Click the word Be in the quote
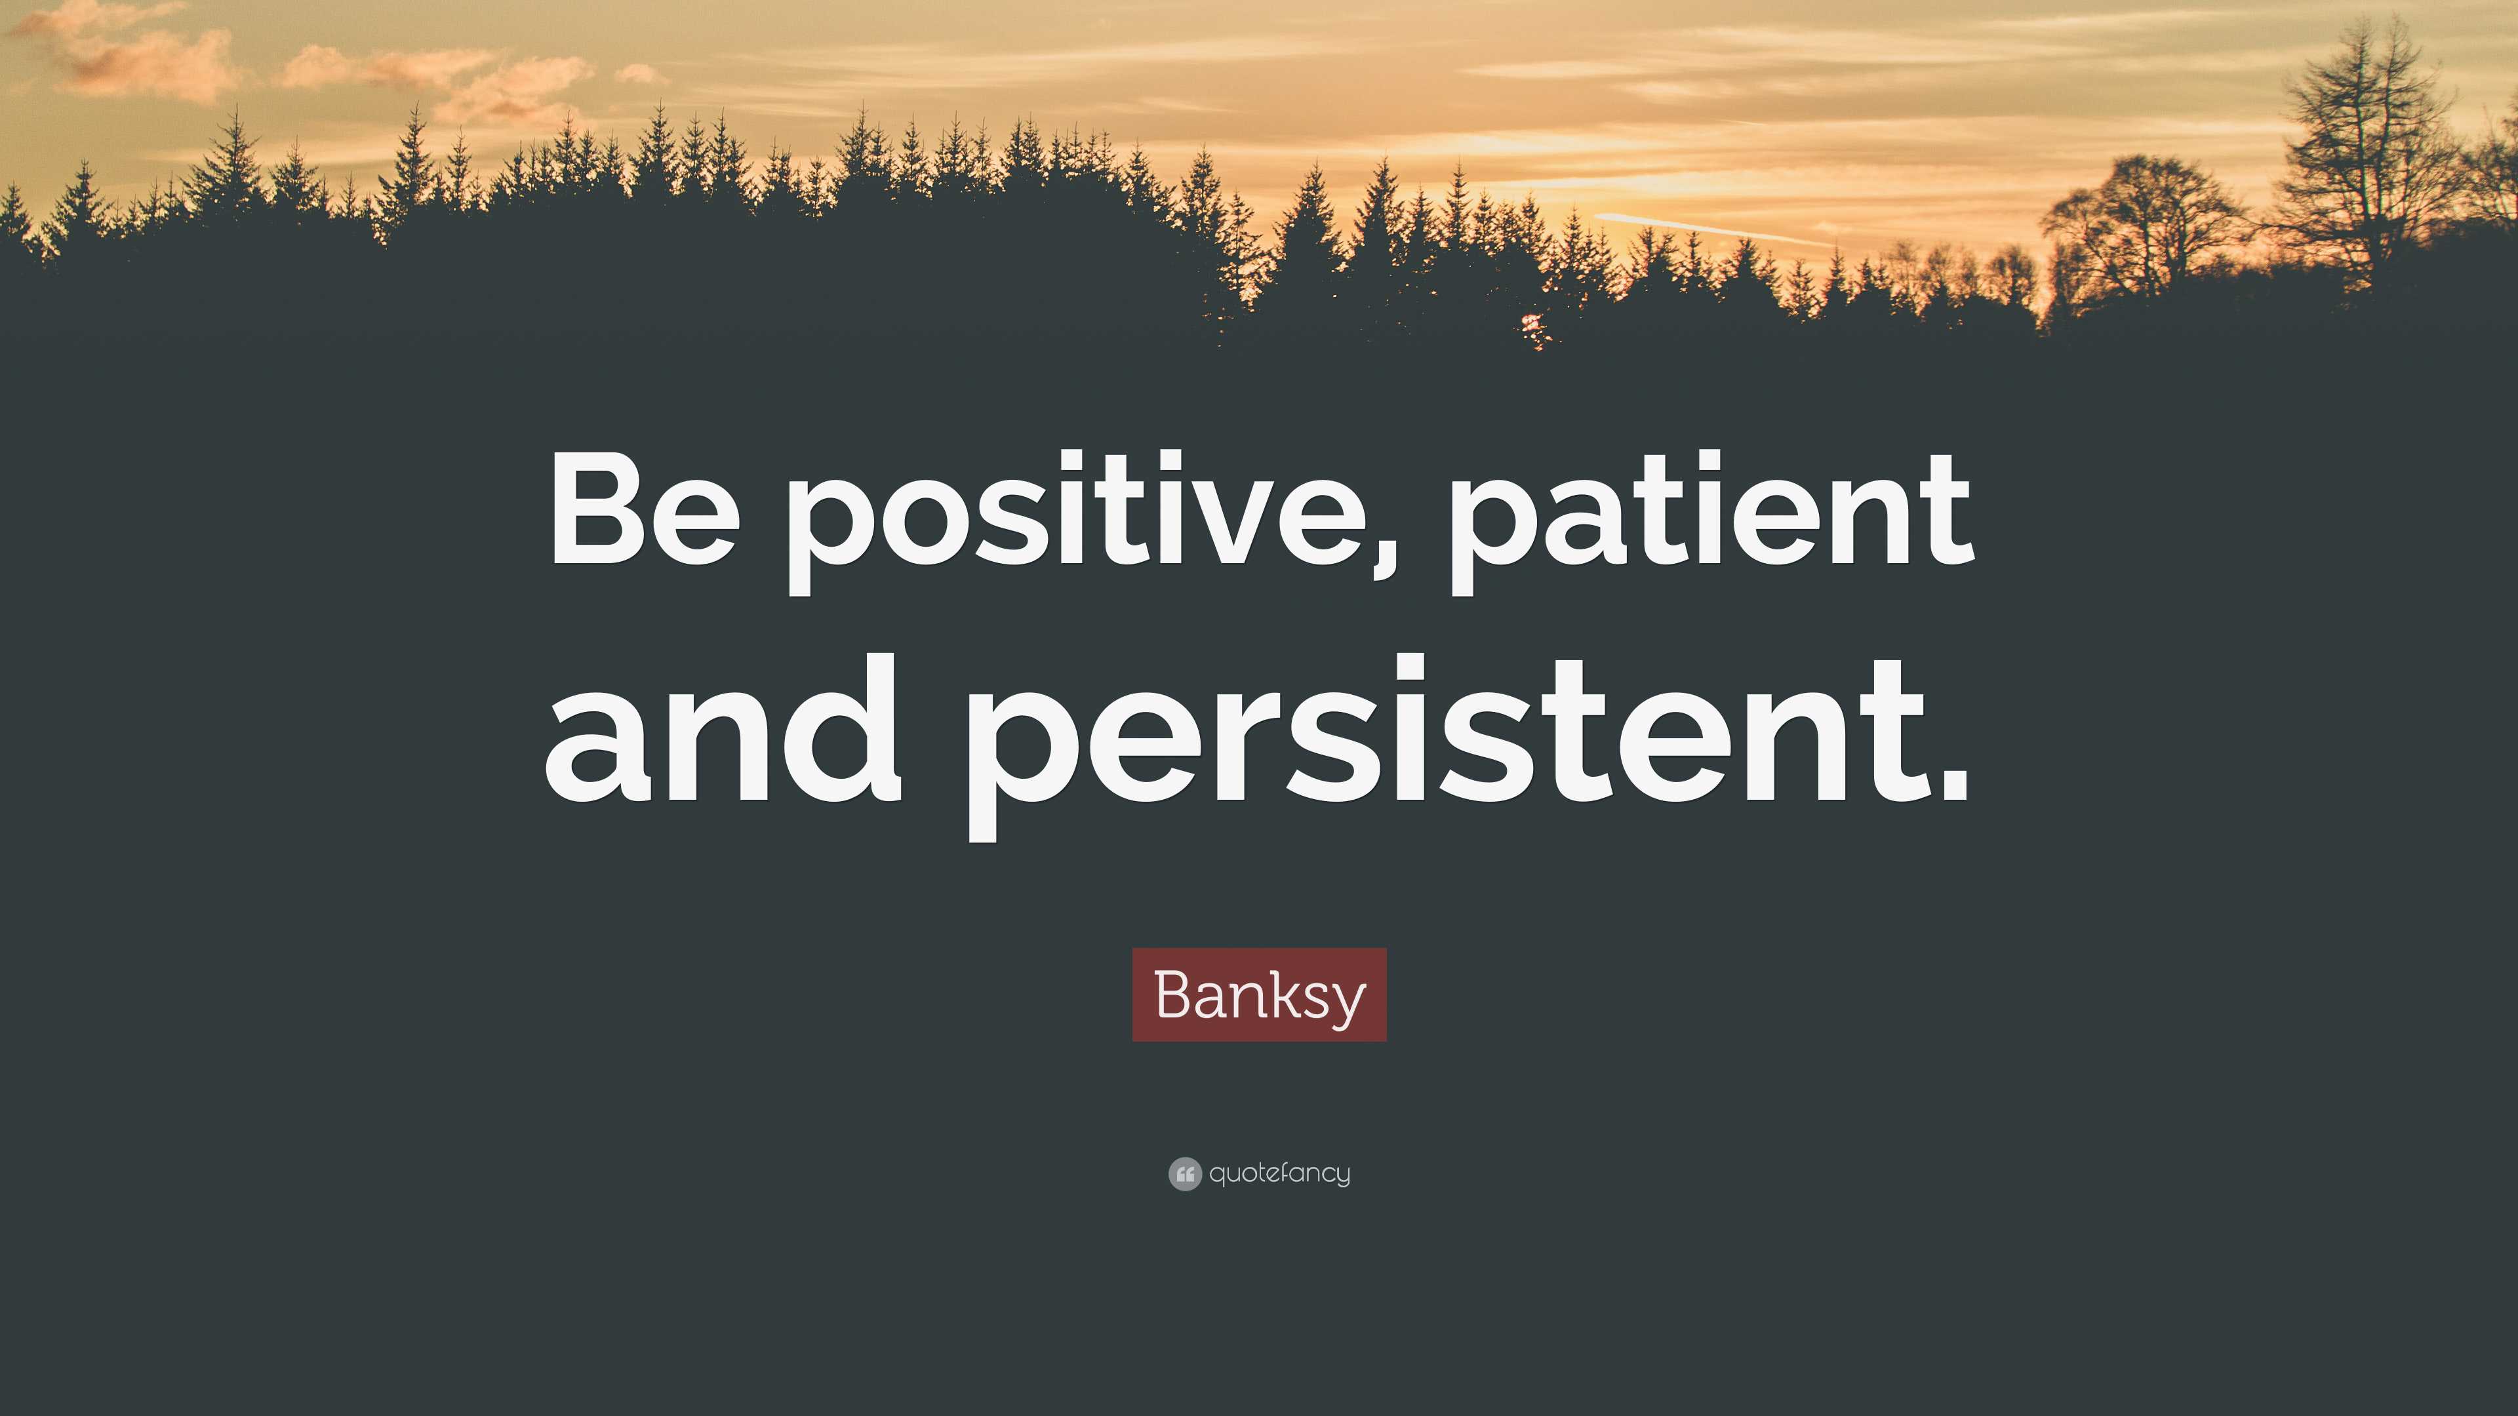click(x=642, y=510)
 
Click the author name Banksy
click(x=1259, y=995)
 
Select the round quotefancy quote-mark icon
click(x=1184, y=1173)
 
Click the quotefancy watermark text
click(x=1279, y=1173)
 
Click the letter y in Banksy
click(x=1347, y=1002)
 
